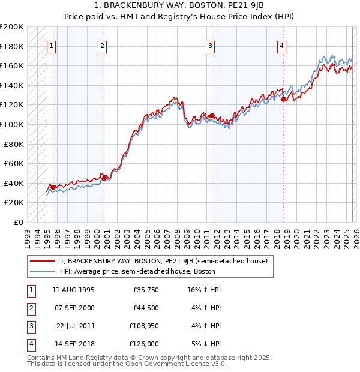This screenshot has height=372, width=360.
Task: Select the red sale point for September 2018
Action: [284, 100]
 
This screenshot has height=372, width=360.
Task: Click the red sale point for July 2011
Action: [212, 115]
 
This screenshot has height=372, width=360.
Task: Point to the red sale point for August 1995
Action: [53, 187]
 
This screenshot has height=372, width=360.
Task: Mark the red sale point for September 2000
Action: [104, 178]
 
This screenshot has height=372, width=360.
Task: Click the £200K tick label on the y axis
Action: [12, 27]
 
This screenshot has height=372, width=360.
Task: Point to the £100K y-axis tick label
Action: [12, 124]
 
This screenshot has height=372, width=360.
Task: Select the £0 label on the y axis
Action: [18, 222]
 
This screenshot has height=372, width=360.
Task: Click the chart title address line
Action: [179, 6]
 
